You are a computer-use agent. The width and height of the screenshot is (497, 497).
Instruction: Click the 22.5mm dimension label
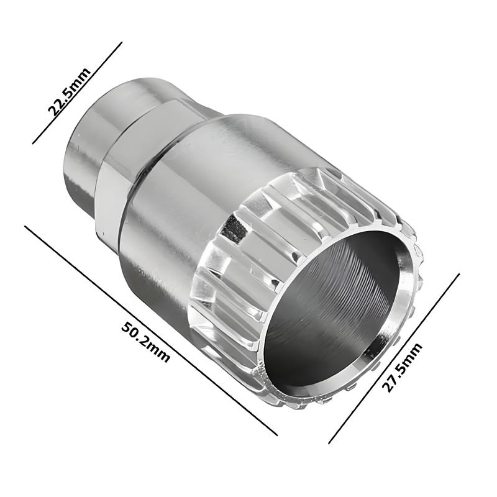(70, 91)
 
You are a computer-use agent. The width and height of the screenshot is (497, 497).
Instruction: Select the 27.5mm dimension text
(402, 367)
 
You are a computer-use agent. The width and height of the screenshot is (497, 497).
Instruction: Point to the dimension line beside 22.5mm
(77, 93)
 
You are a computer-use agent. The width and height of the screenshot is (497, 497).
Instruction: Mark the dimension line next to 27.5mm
(394, 358)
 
